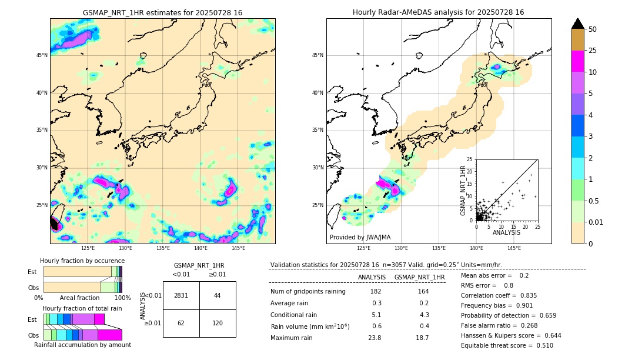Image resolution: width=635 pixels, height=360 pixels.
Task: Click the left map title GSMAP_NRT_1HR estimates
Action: [x=162, y=12]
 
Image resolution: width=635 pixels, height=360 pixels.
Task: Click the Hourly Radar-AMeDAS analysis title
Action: [x=439, y=12]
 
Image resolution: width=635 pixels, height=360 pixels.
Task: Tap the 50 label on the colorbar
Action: [x=593, y=29]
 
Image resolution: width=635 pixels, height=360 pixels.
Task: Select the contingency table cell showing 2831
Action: [x=181, y=295]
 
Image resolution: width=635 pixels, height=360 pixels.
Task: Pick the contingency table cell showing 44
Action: [x=218, y=295]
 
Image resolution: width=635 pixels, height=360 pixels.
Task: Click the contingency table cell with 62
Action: [x=181, y=323]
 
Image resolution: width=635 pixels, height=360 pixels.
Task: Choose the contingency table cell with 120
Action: [x=218, y=323]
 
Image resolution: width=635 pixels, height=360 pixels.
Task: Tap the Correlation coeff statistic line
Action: [x=499, y=295]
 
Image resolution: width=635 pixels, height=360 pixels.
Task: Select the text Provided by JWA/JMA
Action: [x=360, y=237]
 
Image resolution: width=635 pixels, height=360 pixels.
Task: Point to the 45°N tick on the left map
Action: [x=42, y=55]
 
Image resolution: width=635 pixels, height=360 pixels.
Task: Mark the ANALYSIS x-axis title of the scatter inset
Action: [x=506, y=232]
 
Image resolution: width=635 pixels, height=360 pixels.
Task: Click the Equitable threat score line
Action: [x=507, y=345]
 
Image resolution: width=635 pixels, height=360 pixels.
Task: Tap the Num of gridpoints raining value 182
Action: [x=376, y=292]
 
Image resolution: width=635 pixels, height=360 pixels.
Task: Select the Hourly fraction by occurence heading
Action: [x=82, y=261]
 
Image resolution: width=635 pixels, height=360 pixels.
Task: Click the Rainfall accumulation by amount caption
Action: [x=82, y=345]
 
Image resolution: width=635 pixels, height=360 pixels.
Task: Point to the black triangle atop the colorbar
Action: [x=577, y=24]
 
